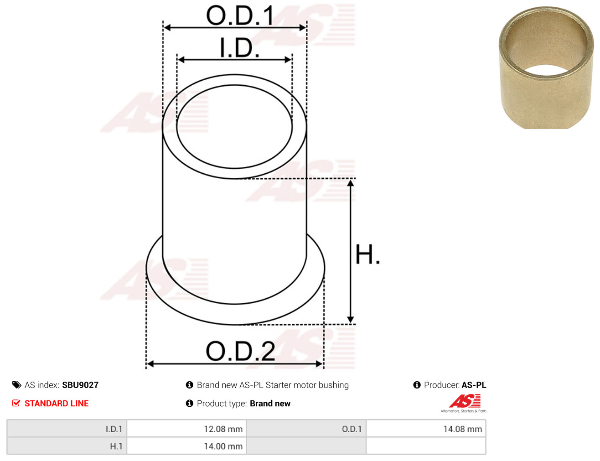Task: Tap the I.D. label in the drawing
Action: (x=239, y=47)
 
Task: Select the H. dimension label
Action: (x=367, y=254)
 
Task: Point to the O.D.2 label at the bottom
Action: (x=240, y=351)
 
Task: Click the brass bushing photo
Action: (x=546, y=67)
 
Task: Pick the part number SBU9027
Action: (x=80, y=385)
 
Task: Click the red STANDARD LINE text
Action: (x=57, y=403)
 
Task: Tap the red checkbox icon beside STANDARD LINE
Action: (x=16, y=403)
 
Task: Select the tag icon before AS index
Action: (x=16, y=385)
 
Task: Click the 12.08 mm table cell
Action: (x=186, y=429)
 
